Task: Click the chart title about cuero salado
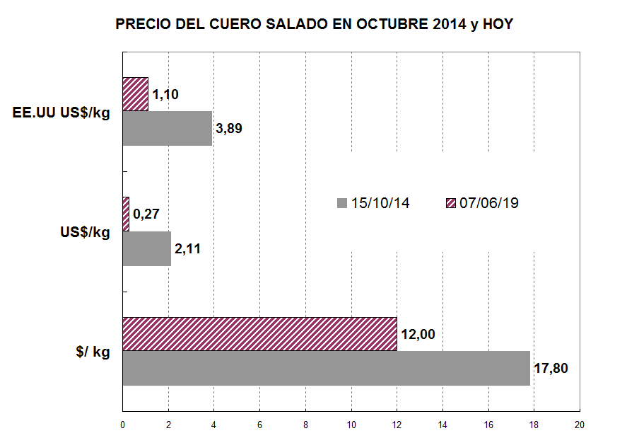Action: click(314, 25)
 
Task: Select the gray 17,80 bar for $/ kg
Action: click(326, 368)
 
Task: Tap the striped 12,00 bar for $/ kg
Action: click(259, 334)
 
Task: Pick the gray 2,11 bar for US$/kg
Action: click(146, 248)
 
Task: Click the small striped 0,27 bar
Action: click(126, 214)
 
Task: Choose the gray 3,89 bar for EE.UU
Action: click(167, 128)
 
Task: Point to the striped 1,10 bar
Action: click(135, 94)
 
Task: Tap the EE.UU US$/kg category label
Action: click(61, 112)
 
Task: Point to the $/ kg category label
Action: click(93, 352)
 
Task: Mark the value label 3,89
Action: click(231, 129)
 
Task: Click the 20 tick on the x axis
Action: click(580, 425)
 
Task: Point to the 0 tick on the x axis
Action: click(123, 425)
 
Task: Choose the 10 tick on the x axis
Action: click(351, 425)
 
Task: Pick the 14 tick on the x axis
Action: click(442, 425)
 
